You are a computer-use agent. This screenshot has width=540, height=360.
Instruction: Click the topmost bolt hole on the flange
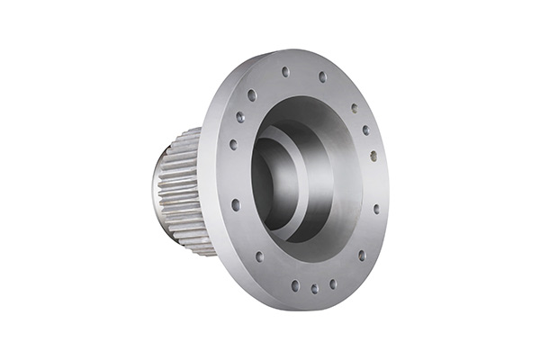(x=285, y=71)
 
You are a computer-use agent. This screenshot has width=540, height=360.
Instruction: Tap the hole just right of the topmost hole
(x=322, y=76)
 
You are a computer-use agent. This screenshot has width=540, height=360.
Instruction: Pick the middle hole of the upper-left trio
(x=239, y=117)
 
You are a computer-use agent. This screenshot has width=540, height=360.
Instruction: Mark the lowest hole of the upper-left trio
(x=233, y=144)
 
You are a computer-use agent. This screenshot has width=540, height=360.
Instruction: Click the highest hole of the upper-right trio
(x=354, y=108)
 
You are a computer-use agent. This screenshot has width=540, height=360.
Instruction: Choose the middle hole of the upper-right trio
(x=365, y=130)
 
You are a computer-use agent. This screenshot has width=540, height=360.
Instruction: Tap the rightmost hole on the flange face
(x=376, y=209)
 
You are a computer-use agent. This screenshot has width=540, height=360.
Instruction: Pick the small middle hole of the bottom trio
(x=314, y=289)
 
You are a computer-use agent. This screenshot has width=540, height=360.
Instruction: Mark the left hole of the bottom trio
(x=294, y=285)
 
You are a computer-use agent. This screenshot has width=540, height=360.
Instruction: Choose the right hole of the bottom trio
(x=333, y=283)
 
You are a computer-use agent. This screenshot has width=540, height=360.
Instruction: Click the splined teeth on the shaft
(x=180, y=189)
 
